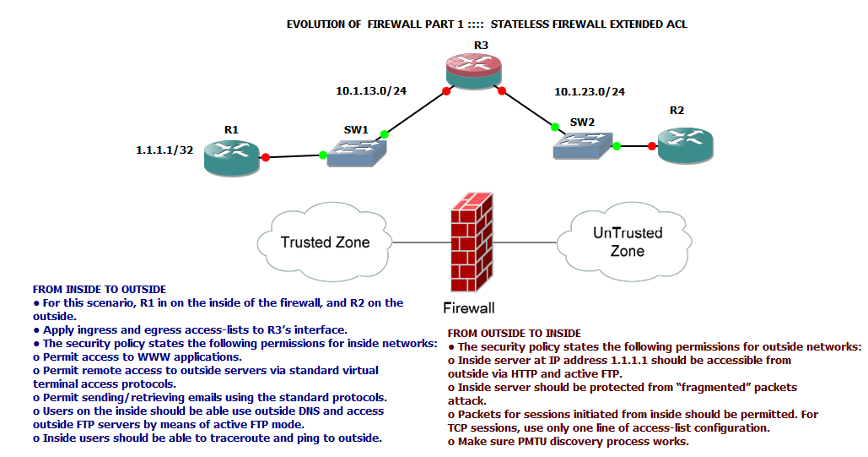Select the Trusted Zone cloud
coord(325,242)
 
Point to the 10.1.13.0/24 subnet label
coord(371,90)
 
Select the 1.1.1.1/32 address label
coord(164,150)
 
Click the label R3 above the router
coord(480,45)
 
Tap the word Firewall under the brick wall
coord(469,307)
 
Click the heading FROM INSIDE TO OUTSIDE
coord(99,290)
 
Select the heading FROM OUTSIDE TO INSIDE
coord(514,334)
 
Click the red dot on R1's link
coord(265,157)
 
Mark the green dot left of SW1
coord(323,155)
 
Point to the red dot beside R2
coord(652,146)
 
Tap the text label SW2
coord(582,122)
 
